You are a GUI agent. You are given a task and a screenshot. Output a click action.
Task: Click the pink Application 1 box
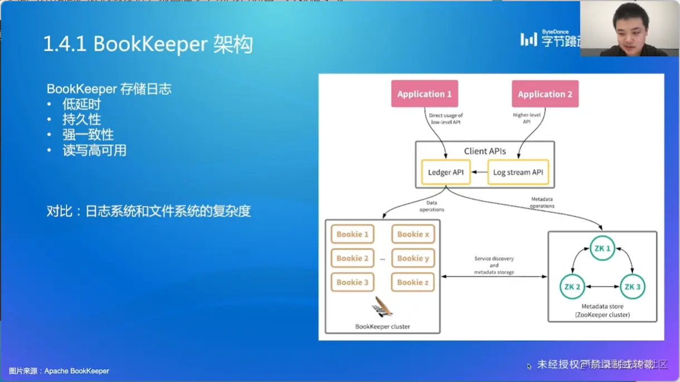tap(424, 94)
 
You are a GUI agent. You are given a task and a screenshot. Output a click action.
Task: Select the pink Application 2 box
tap(545, 94)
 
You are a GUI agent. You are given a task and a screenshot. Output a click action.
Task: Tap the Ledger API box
tap(445, 172)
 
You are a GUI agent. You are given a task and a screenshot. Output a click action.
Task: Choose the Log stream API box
tap(518, 172)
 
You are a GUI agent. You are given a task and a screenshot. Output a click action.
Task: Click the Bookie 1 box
tap(352, 234)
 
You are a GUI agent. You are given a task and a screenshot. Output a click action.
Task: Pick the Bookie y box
tap(413, 258)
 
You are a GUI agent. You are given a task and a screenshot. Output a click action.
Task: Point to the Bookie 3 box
tap(352, 282)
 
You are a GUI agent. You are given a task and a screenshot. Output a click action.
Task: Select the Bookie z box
tap(413, 282)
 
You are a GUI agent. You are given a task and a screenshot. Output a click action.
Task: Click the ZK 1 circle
tap(602, 248)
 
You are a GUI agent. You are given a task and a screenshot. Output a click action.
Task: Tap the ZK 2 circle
tap(572, 287)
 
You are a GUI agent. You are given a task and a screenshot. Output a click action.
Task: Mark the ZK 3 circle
tap(632, 287)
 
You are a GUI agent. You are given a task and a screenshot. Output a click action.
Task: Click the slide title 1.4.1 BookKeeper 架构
tap(148, 45)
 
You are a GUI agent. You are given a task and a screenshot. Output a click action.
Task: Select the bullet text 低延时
tap(81, 104)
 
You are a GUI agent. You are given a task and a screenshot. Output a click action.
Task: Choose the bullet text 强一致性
tap(88, 135)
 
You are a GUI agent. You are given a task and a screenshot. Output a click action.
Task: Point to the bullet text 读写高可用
tap(94, 150)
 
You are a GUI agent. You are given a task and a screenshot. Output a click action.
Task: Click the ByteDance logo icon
tap(528, 40)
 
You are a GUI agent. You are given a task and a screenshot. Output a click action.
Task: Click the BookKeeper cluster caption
tap(382, 326)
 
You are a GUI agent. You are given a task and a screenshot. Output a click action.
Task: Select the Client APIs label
tap(485, 151)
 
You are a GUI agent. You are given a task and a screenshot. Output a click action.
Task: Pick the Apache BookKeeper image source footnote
tap(59, 371)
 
